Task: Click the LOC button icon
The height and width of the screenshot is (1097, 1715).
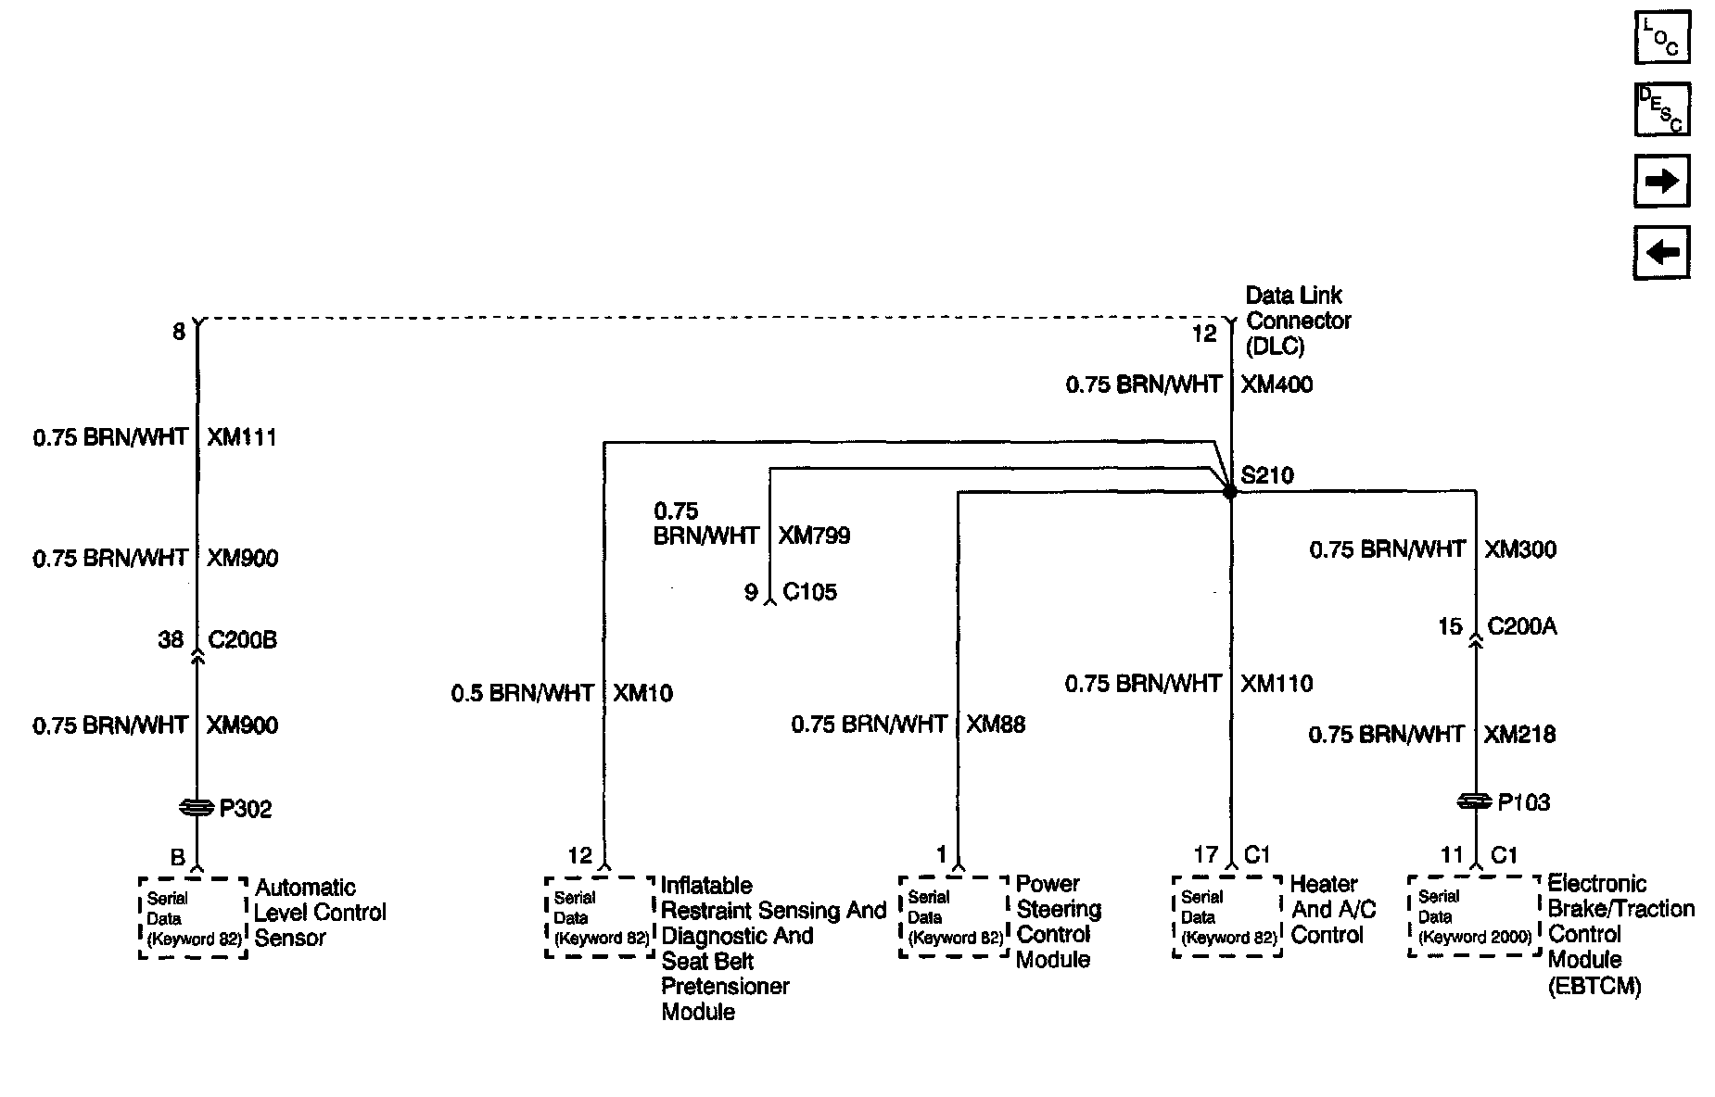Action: (x=1661, y=37)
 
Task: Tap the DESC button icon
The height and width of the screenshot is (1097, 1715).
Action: (x=1661, y=109)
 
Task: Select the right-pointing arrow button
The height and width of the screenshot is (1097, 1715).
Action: (x=1661, y=181)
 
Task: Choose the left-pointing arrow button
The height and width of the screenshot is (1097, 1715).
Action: (x=1661, y=252)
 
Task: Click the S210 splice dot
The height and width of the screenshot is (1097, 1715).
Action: (x=1230, y=492)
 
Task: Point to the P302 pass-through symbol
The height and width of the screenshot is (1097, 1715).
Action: (x=197, y=808)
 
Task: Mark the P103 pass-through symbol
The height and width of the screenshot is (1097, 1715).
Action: (x=1475, y=801)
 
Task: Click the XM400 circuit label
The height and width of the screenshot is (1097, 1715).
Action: (x=1277, y=385)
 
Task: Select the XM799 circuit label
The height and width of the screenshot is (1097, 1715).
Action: (x=814, y=536)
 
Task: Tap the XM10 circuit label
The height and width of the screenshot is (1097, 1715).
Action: (x=642, y=693)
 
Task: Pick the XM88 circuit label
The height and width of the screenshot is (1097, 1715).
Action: (x=996, y=724)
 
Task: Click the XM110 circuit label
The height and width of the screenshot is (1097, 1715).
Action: (x=1277, y=684)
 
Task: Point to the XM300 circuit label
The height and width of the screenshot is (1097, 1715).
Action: (x=1520, y=549)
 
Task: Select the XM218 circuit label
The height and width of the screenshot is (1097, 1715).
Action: (x=1519, y=735)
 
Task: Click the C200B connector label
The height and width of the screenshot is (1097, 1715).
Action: (x=242, y=639)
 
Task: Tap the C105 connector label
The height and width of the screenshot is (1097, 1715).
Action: (x=809, y=592)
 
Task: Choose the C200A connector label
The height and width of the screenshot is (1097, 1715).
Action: (x=1522, y=627)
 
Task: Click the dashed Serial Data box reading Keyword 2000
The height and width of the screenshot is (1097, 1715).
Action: (x=1474, y=916)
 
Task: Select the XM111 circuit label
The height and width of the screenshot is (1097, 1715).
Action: (x=241, y=437)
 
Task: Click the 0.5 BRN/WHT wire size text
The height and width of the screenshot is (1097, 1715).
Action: (x=522, y=693)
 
